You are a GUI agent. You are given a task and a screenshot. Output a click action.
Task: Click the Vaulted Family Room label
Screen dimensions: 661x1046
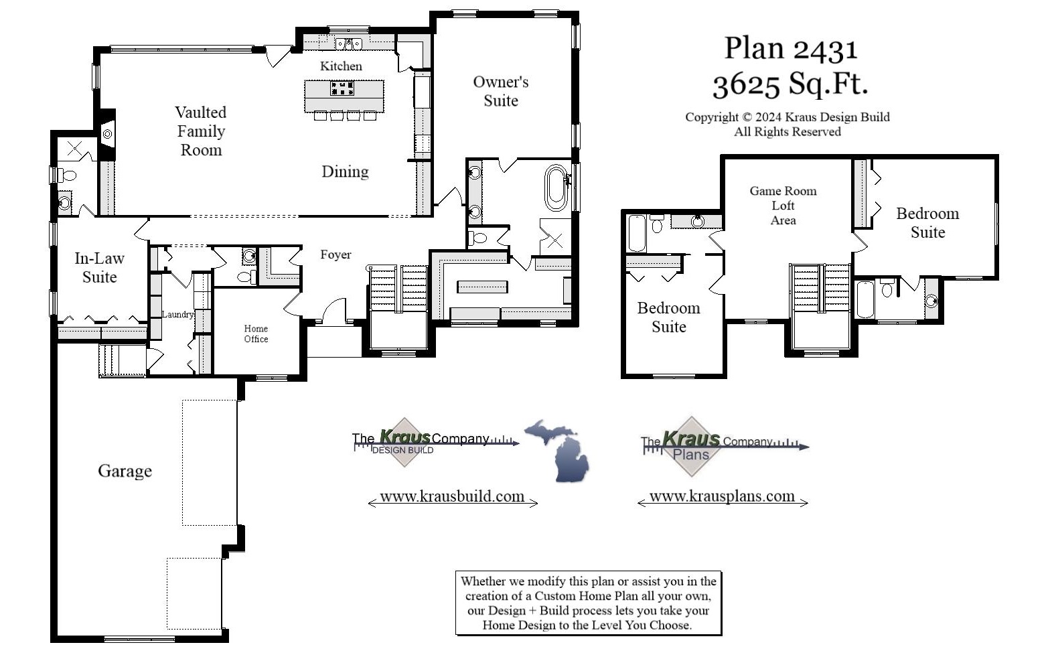[x=201, y=131]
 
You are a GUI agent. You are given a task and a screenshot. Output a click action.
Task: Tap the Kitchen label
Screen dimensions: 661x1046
[x=341, y=66]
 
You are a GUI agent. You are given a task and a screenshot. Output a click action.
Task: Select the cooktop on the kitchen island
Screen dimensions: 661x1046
[x=342, y=88]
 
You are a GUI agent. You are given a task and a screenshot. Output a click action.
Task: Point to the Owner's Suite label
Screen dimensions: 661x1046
[x=501, y=91]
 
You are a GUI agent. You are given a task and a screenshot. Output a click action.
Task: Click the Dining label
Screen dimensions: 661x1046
[x=345, y=171]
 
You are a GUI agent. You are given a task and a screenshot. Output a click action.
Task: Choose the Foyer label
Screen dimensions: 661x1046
[x=335, y=254]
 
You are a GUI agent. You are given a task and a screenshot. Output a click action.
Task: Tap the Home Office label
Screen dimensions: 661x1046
[x=256, y=334]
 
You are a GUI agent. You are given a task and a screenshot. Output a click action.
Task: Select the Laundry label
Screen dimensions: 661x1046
[x=177, y=314]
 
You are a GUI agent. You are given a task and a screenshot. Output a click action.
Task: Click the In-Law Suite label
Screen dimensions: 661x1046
[x=99, y=267]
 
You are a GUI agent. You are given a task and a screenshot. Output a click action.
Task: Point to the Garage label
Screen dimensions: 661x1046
[x=125, y=471]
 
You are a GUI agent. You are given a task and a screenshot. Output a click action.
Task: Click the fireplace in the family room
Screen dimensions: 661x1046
[x=107, y=134]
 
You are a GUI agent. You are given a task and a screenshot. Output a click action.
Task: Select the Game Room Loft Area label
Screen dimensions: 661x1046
[x=783, y=206]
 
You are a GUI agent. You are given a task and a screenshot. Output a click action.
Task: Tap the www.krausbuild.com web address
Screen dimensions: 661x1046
[x=452, y=496]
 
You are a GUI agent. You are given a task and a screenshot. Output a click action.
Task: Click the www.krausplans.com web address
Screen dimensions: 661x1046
[x=722, y=496]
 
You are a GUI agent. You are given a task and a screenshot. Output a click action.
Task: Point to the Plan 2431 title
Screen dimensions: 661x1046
[x=790, y=49]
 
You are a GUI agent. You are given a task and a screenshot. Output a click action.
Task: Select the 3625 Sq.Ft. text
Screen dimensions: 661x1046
[x=790, y=84]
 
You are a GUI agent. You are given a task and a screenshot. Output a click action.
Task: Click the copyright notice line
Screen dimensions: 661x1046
[x=787, y=117]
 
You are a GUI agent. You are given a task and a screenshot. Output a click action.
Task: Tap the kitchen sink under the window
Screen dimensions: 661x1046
[x=349, y=44]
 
